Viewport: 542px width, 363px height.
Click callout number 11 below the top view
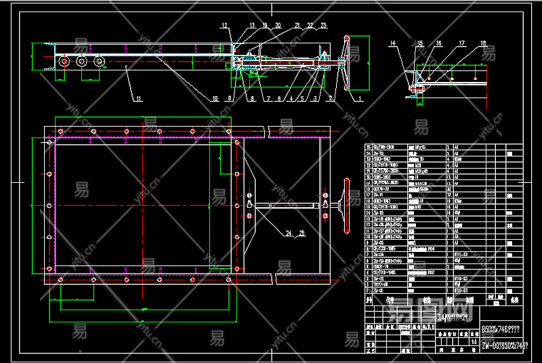[x=138, y=100]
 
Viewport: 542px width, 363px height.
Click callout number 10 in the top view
[x=215, y=99]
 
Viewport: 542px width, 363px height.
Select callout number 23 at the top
[x=323, y=26]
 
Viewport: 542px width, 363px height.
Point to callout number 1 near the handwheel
[x=360, y=99]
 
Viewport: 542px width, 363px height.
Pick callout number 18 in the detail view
[x=482, y=44]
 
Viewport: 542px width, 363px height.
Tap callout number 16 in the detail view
[x=438, y=44]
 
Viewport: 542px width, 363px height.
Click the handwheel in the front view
[x=348, y=205]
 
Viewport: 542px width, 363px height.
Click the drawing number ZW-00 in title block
[x=504, y=346]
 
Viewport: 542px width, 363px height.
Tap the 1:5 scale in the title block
[x=473, y=341]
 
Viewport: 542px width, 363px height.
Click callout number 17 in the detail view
[x=461, y=44]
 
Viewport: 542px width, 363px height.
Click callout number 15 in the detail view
[x=419, y=44]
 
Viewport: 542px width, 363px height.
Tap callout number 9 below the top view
[x=230, y=99]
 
